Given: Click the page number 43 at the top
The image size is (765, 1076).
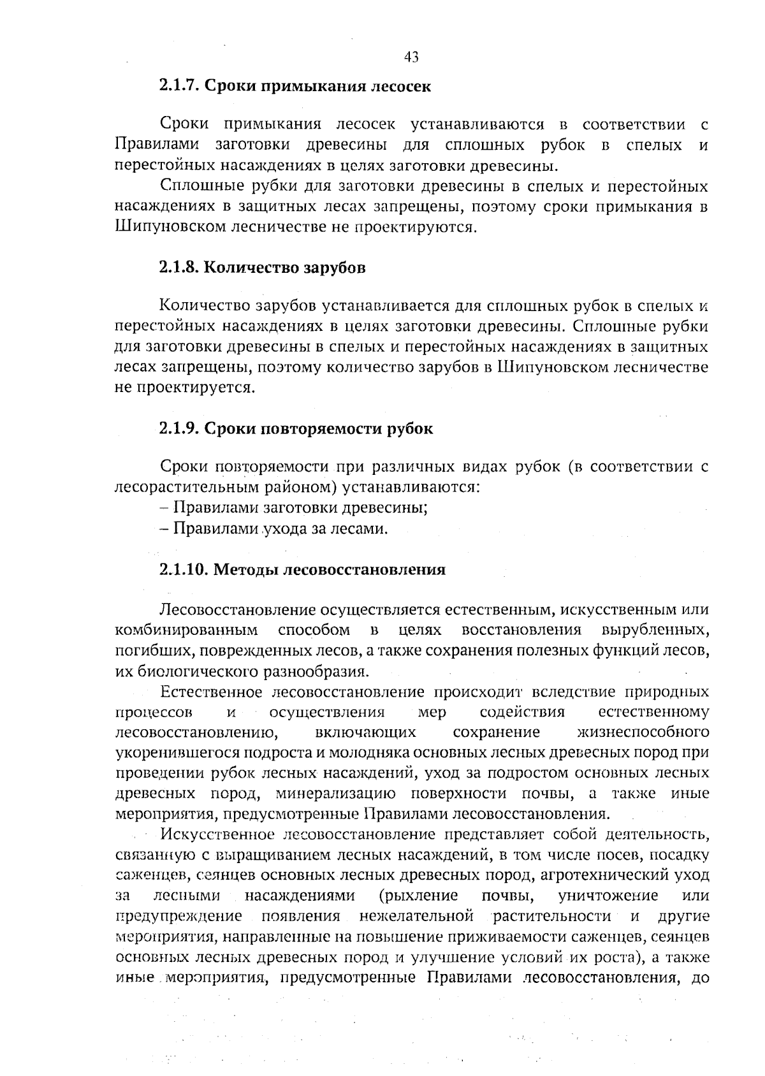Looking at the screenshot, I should click(411, 57).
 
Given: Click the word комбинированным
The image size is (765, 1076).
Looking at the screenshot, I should click(186, 630).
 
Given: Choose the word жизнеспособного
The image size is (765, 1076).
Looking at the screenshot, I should click(643, 732).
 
